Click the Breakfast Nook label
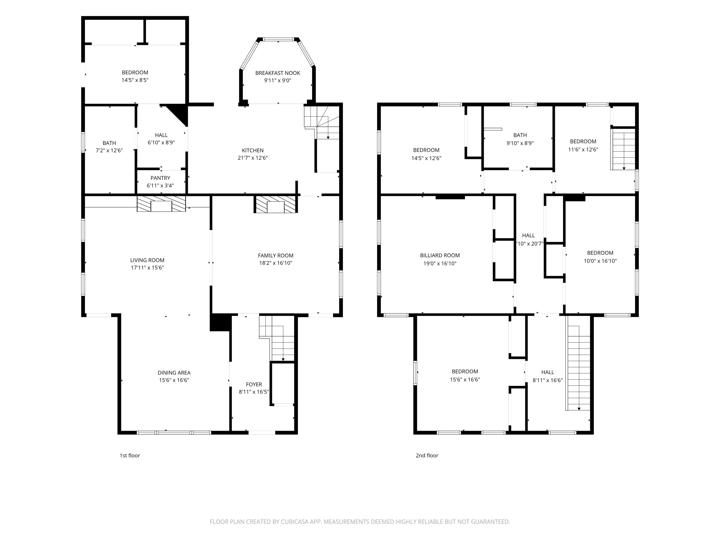(278, 73)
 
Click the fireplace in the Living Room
(161, 204)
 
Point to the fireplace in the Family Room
(276, 204)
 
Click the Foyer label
(254, 384)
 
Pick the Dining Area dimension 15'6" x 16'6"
(174, 380)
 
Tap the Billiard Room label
(440, 255)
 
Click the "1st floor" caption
(130, 455)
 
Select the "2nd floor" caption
(427, 455)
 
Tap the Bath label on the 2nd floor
(520, 135)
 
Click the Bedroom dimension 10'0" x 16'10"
(600, 261)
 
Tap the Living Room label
(147, 260)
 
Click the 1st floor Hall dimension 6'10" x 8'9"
(161, 142)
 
